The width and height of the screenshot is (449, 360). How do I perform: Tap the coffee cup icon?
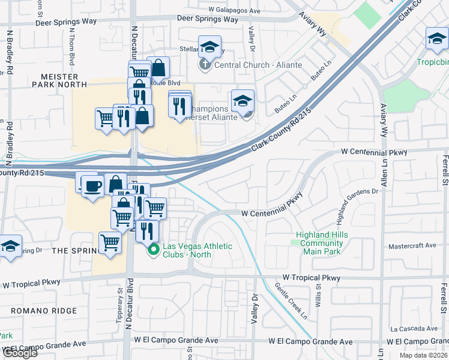coord(92,187)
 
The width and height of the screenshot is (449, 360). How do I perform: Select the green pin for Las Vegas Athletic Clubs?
coord(153,250)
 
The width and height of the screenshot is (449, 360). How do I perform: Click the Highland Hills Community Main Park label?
coord(320,243)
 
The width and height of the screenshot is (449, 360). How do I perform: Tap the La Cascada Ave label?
coord(414,329)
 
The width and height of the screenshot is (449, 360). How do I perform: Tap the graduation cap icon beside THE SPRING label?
coord(10,246)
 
